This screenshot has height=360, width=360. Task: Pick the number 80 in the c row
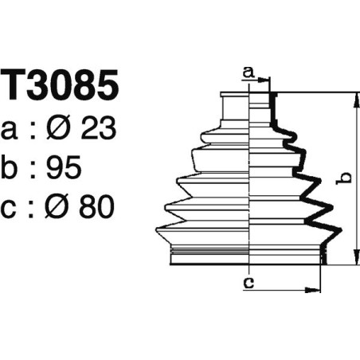tap(96, 209)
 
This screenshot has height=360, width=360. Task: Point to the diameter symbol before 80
tap(61, 209)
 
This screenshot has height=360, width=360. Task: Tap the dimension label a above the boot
tap(247, 73)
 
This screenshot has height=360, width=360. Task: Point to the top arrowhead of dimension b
tap(353, 98)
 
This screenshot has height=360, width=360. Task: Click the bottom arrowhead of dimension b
tap(353, 259)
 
